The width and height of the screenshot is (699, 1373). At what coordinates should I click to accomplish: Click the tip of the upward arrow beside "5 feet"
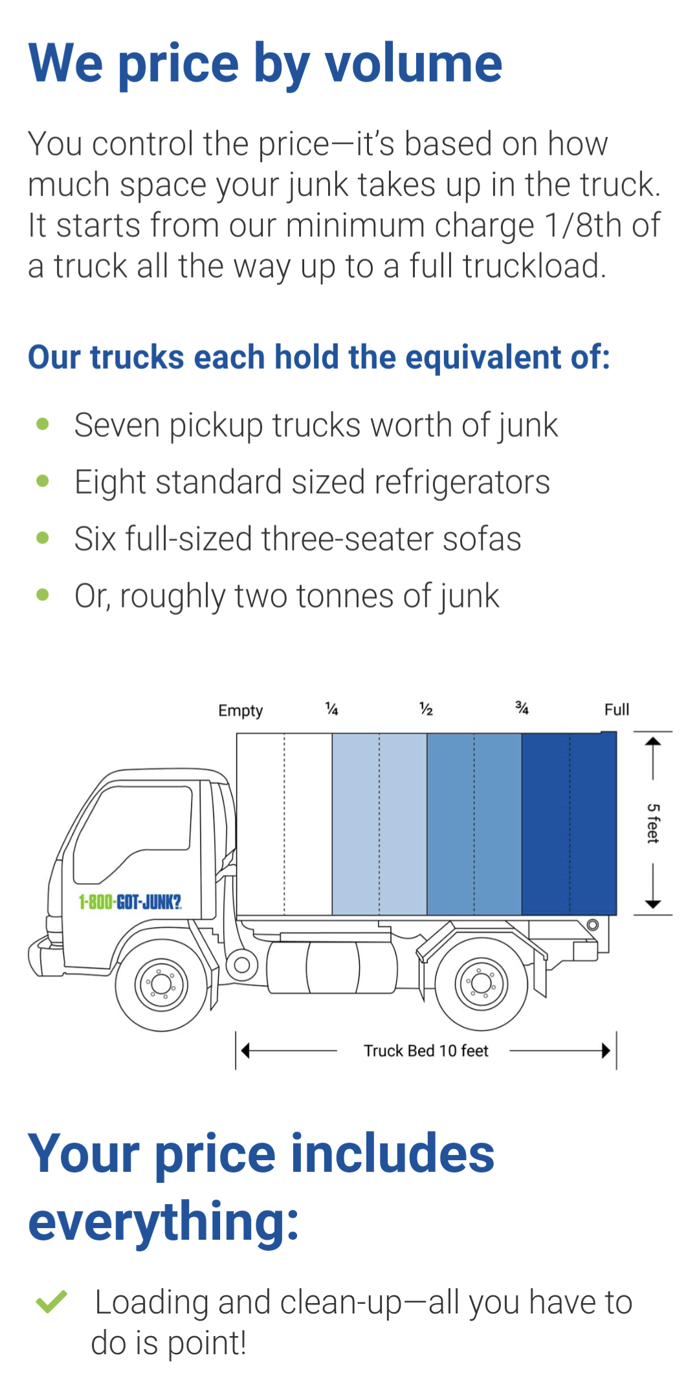coord(653,737)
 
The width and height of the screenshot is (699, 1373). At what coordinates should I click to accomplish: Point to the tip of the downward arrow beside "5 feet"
coord(653,908)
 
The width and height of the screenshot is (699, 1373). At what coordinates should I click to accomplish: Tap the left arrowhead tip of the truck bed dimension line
coord(241,1050)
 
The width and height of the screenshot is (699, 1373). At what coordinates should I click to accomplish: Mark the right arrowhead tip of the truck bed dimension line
coord(610,1050)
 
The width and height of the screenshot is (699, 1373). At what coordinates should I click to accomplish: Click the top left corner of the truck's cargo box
coord(237,733)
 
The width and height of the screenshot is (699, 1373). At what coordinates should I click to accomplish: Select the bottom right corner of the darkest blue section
coord(616,915)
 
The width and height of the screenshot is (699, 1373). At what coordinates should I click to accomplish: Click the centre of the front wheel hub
coord(161,984)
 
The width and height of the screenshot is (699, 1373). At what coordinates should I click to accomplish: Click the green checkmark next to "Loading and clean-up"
coord(51,1301)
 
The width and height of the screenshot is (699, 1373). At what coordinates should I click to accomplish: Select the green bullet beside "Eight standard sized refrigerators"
coord(43,481)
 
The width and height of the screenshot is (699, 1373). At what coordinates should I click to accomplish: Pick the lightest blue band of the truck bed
coord(379,824)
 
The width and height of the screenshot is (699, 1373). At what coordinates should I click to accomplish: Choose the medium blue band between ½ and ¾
coord(474,824)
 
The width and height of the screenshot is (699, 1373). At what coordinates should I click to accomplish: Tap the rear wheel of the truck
coord(482,983)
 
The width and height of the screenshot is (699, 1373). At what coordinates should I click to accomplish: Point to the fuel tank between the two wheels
coord(333,967)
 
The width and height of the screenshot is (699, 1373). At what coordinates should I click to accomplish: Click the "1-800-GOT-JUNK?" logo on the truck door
coord(130,901)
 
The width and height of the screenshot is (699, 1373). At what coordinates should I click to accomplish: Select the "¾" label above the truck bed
coord(522,708)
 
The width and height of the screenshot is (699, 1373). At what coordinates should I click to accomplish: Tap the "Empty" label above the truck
coord(241,710)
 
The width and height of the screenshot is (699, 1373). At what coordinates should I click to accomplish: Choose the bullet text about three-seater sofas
coord(298,538)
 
